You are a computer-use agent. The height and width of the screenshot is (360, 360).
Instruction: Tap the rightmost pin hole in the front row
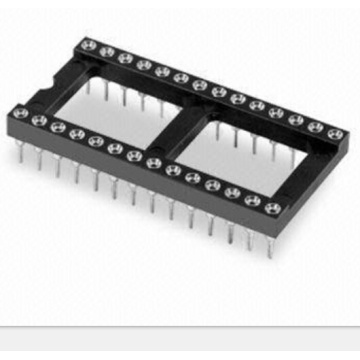point(272,208)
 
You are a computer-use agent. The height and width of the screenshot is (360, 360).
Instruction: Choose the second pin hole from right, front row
point(252,200)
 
